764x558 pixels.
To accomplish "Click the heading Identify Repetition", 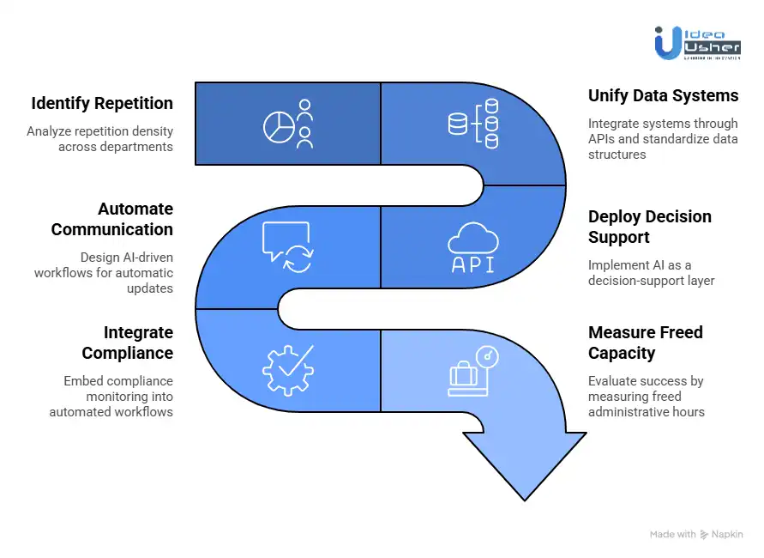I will pyautogui.click(x=102, y=104).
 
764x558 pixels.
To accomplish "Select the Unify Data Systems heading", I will pyautogui.click(x=663, y=95).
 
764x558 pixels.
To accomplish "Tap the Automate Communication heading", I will pyautogui.click(x=111, y=219).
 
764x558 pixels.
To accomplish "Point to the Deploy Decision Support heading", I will pyautogui.click(x=649, y=227).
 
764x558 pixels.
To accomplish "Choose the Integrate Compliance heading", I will pyautogui.click(x=127, y=343).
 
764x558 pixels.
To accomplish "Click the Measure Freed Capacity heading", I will pyautogui.click(x=645, y=343).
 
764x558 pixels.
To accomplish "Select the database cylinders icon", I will pyautogui.click(x=473, y=124).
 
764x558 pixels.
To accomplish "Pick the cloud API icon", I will pyautogui.click(x=473, y=247).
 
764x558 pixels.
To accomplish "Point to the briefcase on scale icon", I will pyautogui.click(x=473, y=371).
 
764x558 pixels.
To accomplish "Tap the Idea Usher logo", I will pyautogui.click(x=696, y=41).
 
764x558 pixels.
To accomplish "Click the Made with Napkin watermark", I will pyautogui.click(x=695, y=534).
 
